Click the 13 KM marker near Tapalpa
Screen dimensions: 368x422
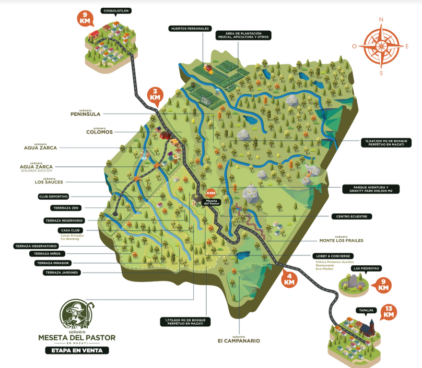click(x=389, y=312)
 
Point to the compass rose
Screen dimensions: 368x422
click(x=381, y=45)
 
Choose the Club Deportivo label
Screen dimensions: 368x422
click(x=54, y=197)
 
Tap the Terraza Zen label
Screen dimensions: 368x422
click(x=66, y=208)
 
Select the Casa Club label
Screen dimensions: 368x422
click(x=71, y=230)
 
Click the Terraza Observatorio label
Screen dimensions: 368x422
click(x=36, y=246)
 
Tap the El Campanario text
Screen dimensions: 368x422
click(x=239, y=341)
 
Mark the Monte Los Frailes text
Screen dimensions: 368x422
click(x=341, y=240)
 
